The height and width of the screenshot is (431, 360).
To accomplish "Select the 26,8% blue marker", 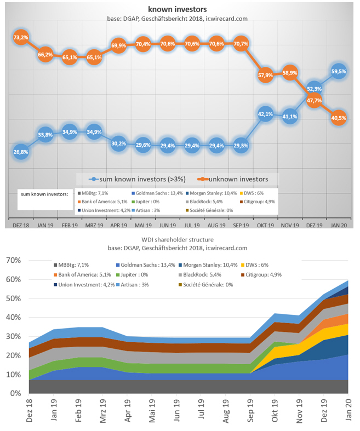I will click(x=20, y=152).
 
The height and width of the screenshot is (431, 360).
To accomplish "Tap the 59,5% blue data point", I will click(x=338, y=71).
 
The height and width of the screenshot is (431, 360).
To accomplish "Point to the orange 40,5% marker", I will click(x=338, y=117).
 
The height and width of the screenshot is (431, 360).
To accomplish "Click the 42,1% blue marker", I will click(x=265, y=114).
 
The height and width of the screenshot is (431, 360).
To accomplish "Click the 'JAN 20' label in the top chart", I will click(x=338, y=225).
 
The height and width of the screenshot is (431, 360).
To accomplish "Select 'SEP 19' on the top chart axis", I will click(x=241, y=225).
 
